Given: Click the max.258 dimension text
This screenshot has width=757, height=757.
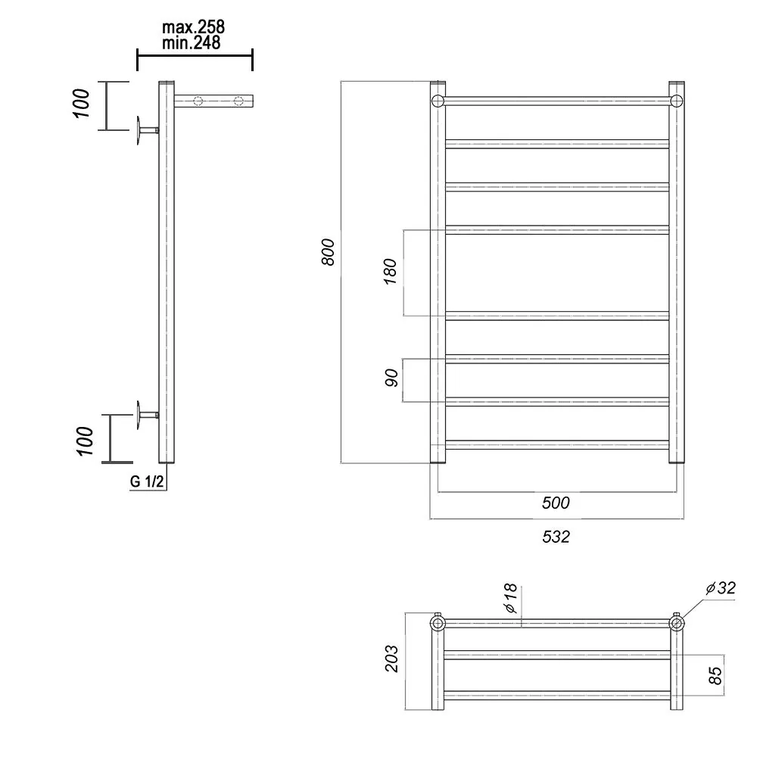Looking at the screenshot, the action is (193, 27).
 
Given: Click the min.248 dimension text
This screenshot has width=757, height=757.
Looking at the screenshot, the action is (192, 43).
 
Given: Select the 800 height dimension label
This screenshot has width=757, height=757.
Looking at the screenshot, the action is (328, 251).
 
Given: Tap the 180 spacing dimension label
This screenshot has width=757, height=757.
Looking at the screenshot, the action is (390, 271).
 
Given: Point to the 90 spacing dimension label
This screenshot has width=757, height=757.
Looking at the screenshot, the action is (391, 378).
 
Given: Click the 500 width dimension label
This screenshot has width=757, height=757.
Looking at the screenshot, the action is (556, 503).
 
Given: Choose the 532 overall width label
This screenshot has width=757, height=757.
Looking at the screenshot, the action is (556, 537).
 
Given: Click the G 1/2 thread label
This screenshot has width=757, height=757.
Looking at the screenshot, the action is (147, 481).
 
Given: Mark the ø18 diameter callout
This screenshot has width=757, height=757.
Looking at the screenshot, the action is (510, 598).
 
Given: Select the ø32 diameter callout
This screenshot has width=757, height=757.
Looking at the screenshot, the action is (721, 588).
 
